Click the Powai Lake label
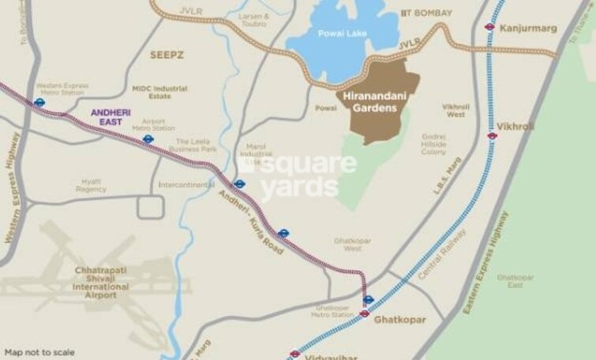point(342,34)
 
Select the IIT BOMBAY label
point(426,13)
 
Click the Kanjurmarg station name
point(528,28)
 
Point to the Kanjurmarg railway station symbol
point(489,26)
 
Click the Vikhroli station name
point(515,126)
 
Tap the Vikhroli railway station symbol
point(492,136)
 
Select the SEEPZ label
point(167,54)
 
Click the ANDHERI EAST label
point(111,117)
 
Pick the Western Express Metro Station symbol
point(39,102)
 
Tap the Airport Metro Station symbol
point(148,139)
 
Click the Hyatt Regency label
point(91,185)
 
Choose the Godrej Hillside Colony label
point(433,143)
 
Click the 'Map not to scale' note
point(39,352)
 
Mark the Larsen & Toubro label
point(254,19)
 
